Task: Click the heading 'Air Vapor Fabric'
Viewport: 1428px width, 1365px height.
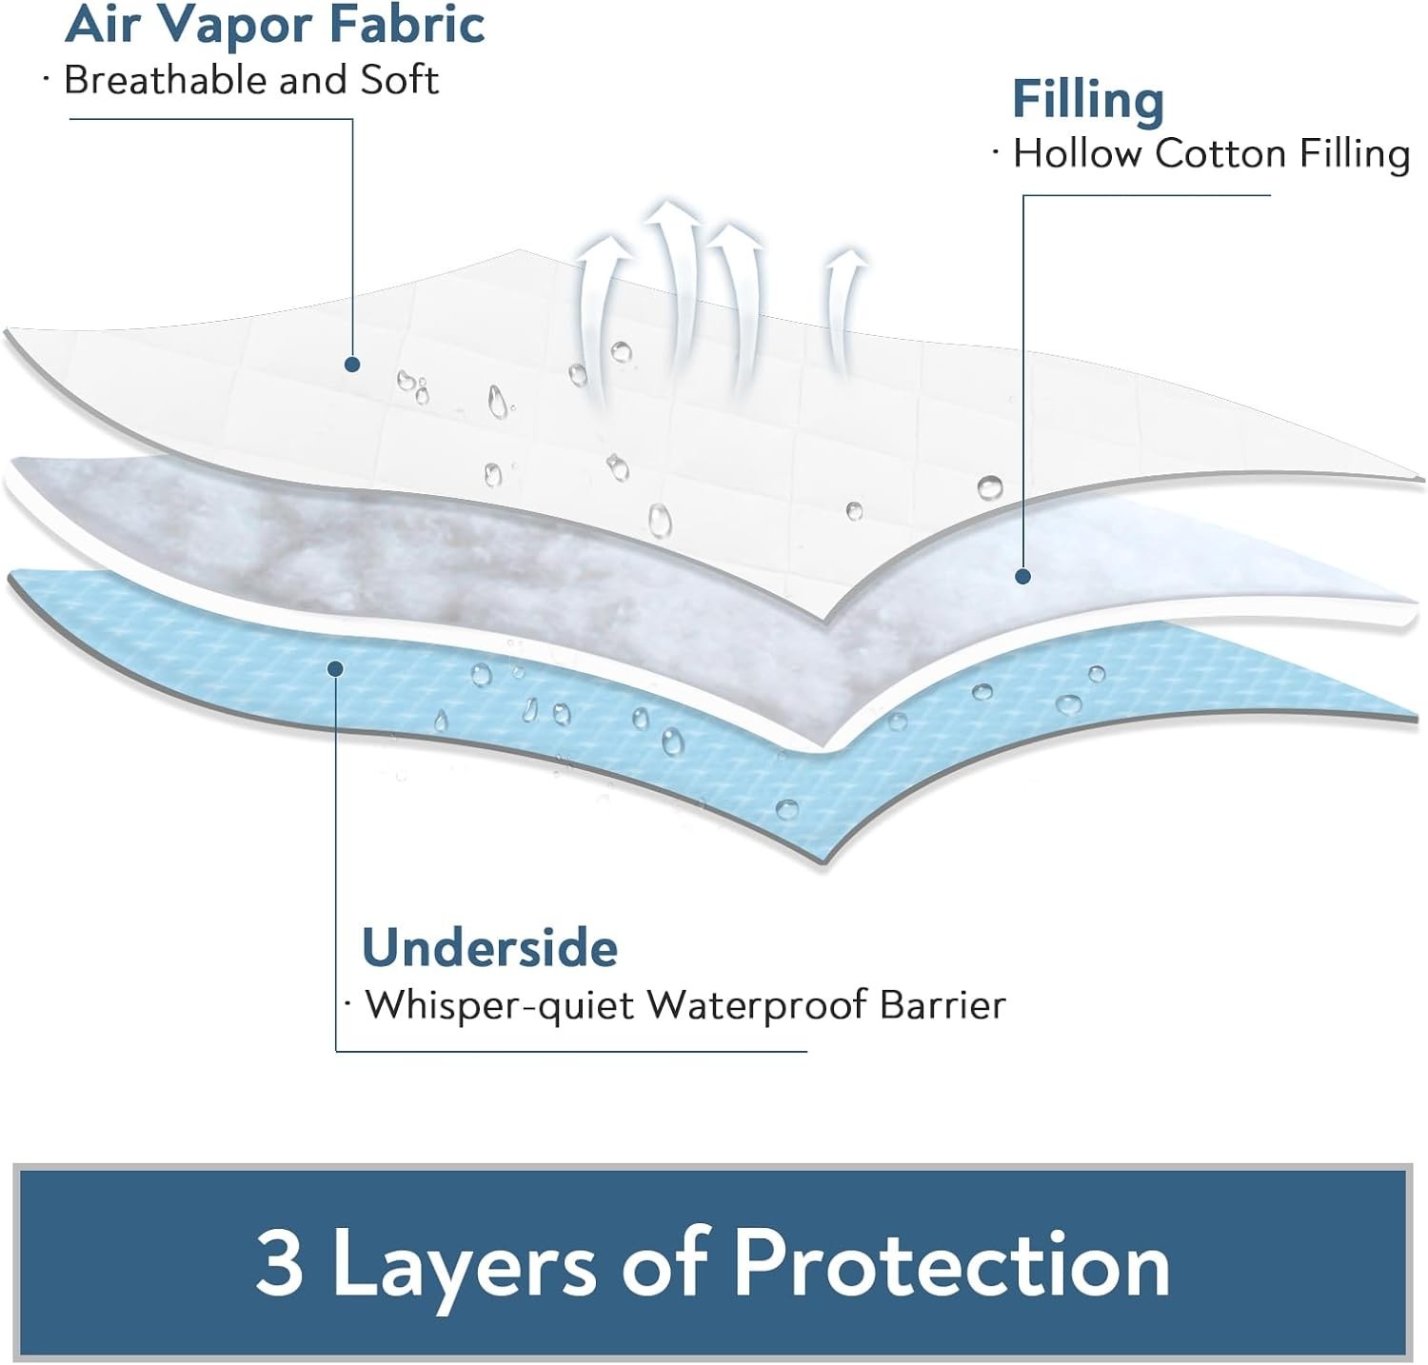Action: click(274, 24)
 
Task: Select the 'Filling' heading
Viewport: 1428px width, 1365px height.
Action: click(1087, 100)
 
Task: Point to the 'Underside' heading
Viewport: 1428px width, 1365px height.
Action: click(489, 948)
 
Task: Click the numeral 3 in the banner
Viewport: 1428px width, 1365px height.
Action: click(279, 1264)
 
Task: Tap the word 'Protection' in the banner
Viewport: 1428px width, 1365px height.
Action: click(951, 1264)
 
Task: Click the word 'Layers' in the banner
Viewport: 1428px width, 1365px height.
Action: click(464, 1264)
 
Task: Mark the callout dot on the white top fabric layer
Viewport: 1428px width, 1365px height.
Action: click(352, 365)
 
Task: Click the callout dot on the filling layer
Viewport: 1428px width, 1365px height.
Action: click(1022, 576)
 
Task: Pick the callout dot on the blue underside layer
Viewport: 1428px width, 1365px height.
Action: click(335, 668)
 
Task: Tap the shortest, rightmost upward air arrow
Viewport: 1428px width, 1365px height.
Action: click(843, 305)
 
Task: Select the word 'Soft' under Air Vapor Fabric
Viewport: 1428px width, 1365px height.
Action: click(399, 80)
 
